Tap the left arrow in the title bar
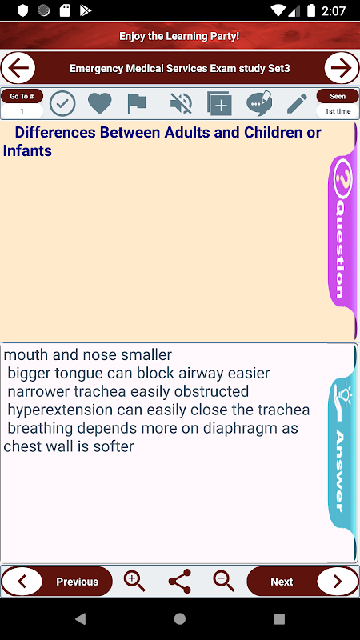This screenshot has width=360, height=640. click(18, 68)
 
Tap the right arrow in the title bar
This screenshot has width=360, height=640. click(342, 68)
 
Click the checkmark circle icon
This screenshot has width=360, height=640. click(62, 104)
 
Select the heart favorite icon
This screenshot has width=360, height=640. click(99, 104)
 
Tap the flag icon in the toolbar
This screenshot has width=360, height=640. click(136, 104)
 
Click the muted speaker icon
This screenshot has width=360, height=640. click(182, 104)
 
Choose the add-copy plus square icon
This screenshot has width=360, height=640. click(219, 104)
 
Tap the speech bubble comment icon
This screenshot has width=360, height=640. click(259, 103)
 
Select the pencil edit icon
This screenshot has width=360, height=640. click(297, 104)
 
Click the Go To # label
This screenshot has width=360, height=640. click(22, 96)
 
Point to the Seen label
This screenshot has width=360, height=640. click(338, 96)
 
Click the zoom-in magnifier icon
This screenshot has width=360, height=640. click(134, 582)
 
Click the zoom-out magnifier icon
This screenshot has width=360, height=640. click(224, 582)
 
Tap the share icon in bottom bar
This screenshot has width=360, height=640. click(179, 582)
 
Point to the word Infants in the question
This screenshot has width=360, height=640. click(27, 150)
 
